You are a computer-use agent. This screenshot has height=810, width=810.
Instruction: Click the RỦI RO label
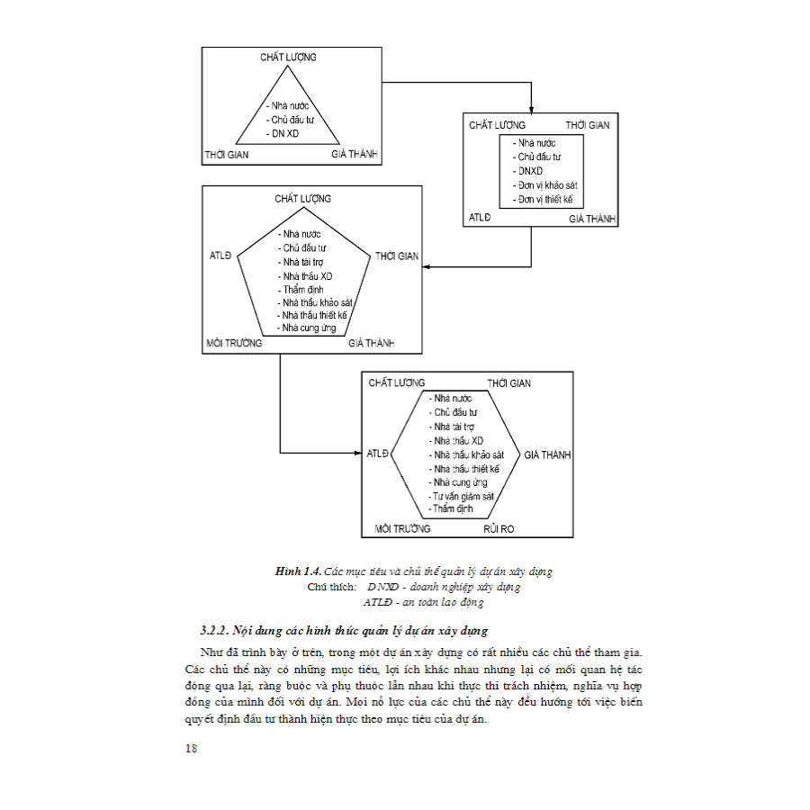tap(499, 528)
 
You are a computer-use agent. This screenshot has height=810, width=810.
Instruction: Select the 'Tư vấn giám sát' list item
tap(465, 496)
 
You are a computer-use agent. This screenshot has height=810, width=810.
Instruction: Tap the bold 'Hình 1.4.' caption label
tap(299, 571)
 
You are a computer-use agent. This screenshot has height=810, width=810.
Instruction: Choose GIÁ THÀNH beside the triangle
tap(355, 155)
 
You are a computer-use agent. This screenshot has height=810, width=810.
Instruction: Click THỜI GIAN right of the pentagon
tap(397, 256)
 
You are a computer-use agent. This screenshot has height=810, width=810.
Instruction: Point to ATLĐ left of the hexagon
tap(377, 454)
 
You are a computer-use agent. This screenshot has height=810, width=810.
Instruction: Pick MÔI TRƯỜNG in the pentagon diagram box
tap(234, 343)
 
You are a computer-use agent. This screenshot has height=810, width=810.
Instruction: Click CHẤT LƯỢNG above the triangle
tap(288, 57)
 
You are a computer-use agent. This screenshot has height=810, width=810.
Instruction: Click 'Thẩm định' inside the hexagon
tap(453, 508)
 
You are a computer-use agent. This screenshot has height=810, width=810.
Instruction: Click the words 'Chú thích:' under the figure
tap(329, 587)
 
